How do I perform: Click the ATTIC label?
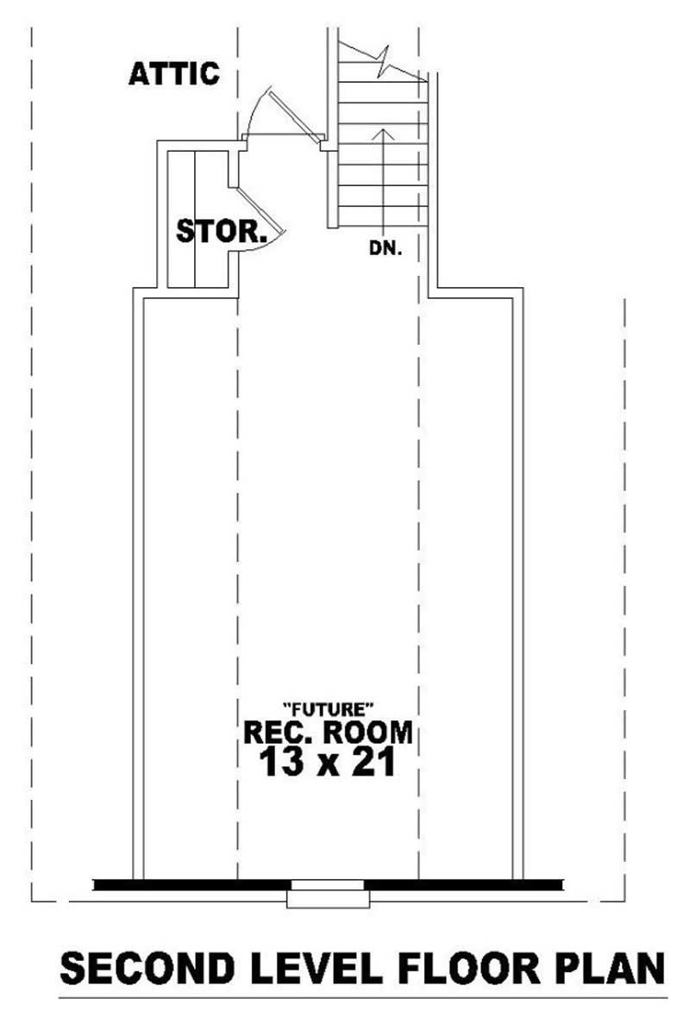(x=173, y=74)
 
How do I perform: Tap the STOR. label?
(x=220, y=231)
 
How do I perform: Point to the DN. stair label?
(x=386, y=249)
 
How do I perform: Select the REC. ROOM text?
(x=328, y=733)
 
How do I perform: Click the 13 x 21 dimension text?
(x=328, y=762)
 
